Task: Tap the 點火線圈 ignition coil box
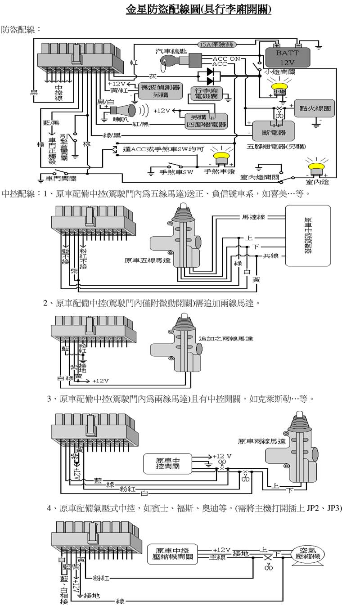315,108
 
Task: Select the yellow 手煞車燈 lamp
220,157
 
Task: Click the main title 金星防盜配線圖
198,9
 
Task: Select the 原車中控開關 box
168,463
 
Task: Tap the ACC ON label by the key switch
226,59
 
